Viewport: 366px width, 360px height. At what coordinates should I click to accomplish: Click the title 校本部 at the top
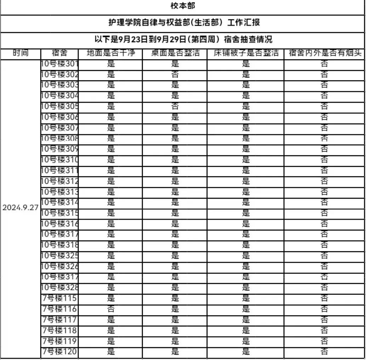pos(183,6)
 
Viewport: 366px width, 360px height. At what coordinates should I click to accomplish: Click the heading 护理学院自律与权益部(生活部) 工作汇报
pos(183,23)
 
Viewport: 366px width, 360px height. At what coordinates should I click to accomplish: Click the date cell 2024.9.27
pos(21,208)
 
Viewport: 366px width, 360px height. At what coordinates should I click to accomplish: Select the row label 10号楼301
pos(59,64)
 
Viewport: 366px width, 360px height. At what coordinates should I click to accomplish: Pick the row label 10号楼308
pos(59,138)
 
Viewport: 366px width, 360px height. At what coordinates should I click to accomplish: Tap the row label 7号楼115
pos(59,298)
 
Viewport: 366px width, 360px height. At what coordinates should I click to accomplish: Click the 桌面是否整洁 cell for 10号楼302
pos(175,75)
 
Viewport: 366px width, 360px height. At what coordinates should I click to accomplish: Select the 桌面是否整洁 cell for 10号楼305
pos(175,107)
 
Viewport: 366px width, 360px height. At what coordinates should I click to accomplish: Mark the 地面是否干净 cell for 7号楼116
pos(111,309)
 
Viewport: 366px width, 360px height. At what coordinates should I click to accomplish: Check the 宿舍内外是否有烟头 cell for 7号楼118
pos(324,330)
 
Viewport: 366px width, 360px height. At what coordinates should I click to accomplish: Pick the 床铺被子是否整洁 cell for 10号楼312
pos(246,181)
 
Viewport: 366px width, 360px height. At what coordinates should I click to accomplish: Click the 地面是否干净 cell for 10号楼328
pos(111,287)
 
